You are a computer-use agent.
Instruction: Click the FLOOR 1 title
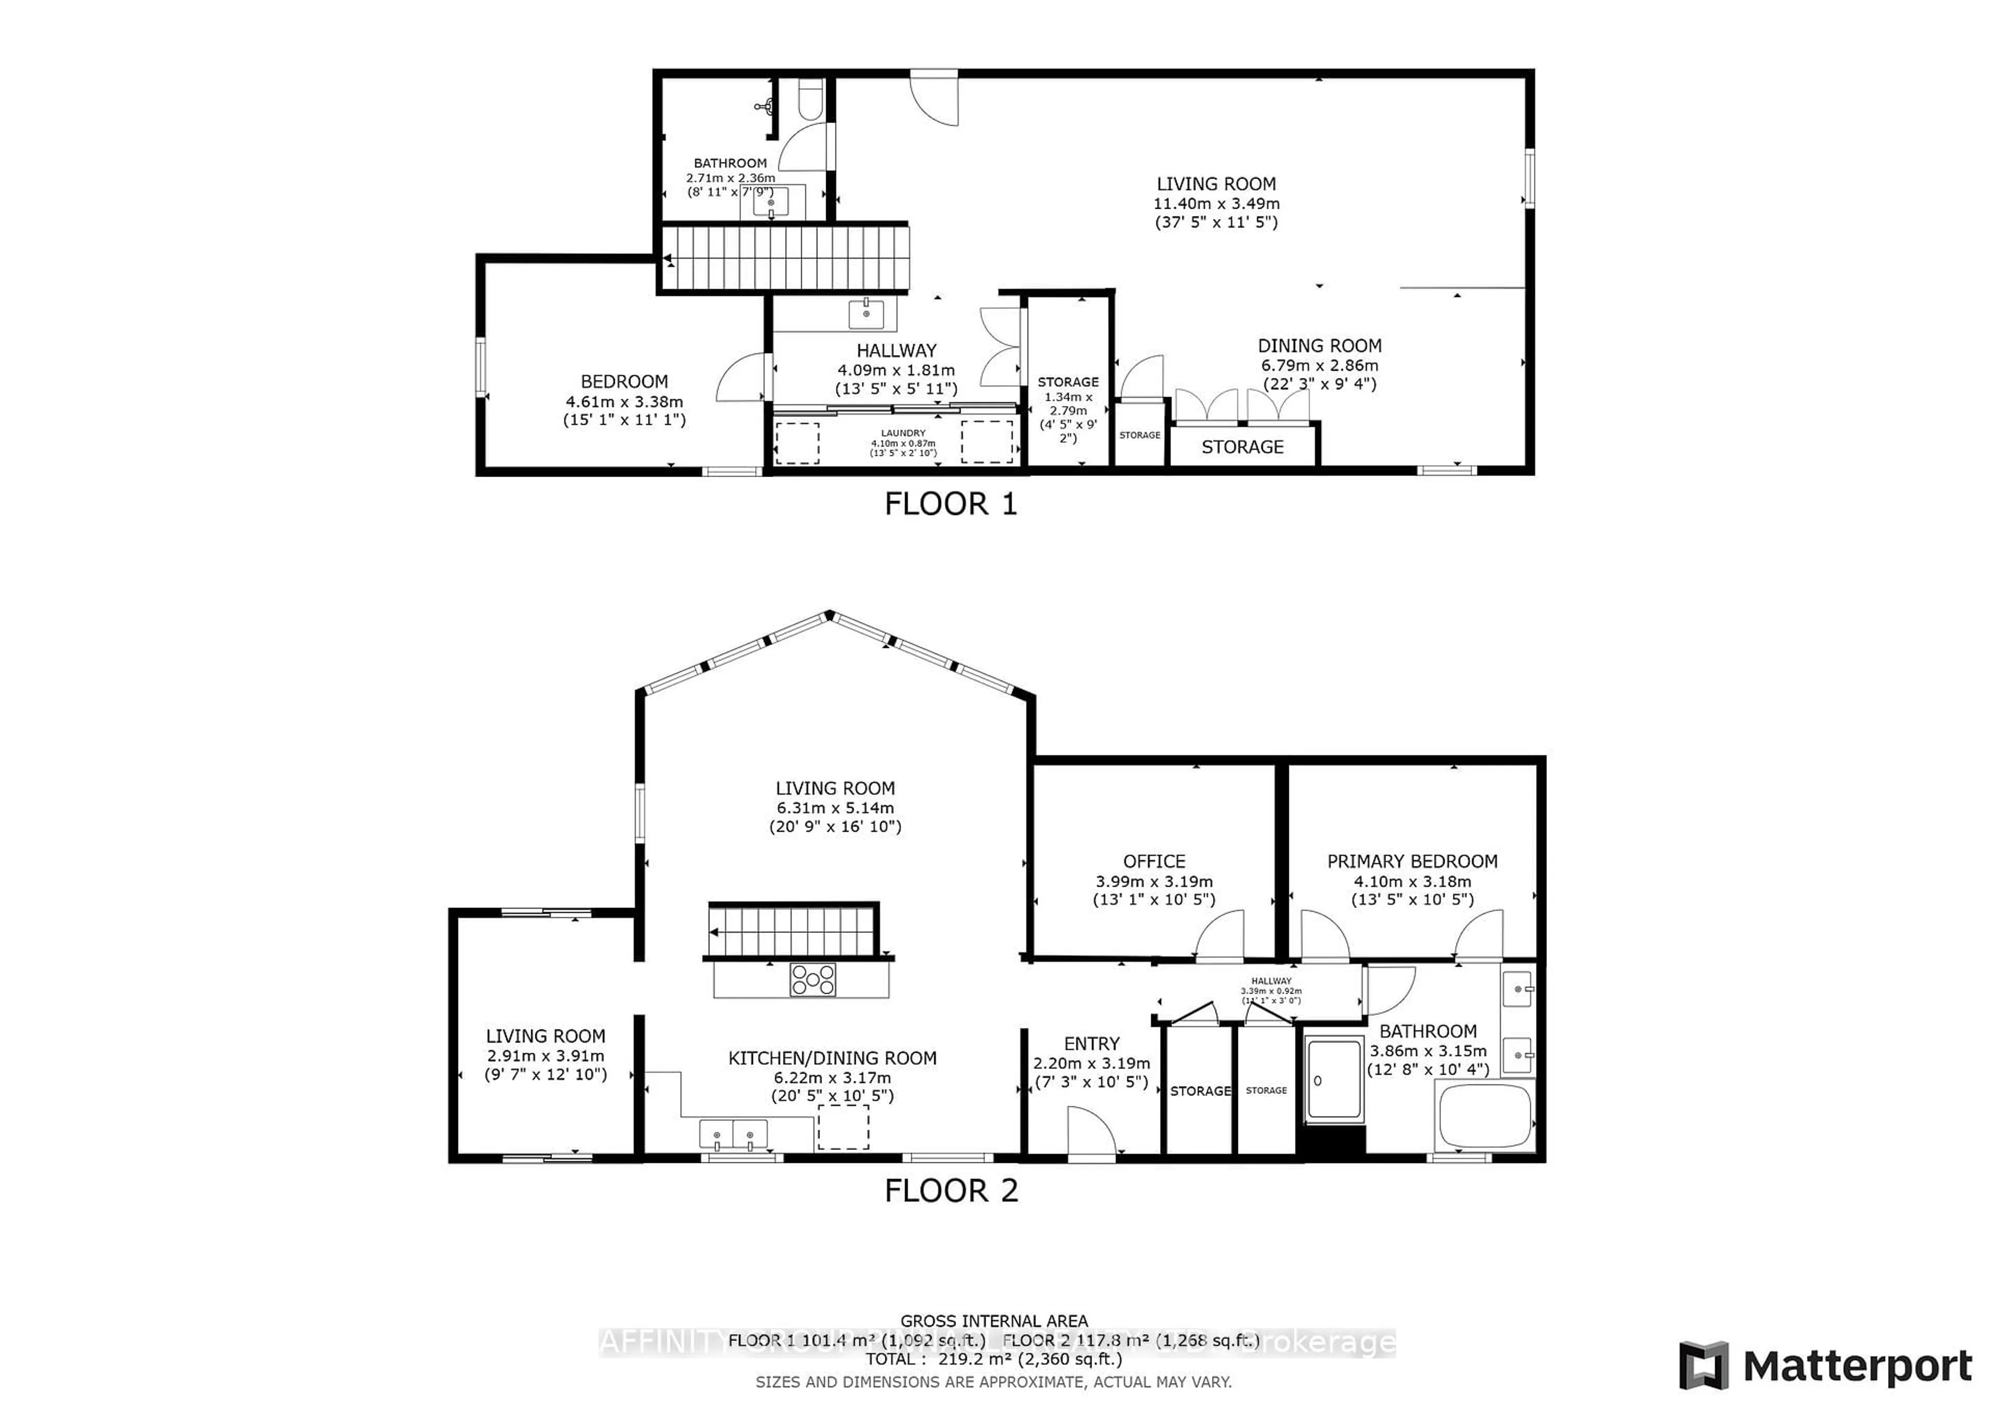(x=950, y=504)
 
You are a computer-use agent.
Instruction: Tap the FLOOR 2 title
(x=950, y=1190)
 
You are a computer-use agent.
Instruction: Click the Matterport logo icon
(x=1703, y=1366)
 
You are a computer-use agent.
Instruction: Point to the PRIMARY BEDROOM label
(x=1412, y=861)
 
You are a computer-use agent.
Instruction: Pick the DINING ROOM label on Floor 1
(x=1319, y=346)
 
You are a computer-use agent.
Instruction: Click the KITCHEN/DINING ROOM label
(x=832, y=1057)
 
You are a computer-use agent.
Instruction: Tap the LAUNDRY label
(x=902, y=432)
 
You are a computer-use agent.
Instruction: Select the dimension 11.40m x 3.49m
(x=1216, y=203)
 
